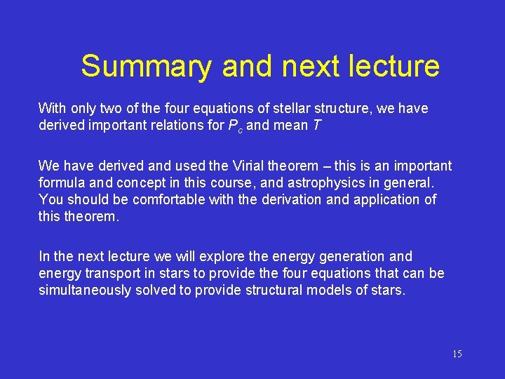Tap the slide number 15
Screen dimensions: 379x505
pos(457,354)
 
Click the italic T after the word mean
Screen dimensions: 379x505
pos(312,126)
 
